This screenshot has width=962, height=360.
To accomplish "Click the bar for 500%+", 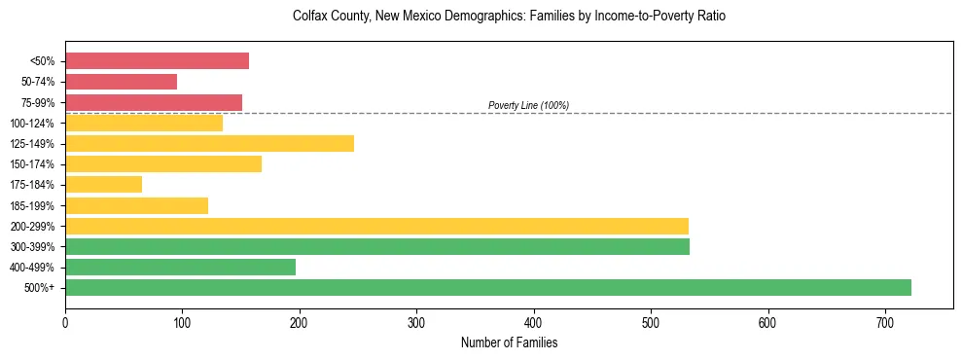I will [x=487, y=287].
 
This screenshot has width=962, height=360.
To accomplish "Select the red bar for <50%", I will [x=157, y=61].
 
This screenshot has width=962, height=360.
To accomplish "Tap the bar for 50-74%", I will [x=121, y=82].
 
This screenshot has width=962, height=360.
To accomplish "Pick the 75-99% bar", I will [x=154, y=102].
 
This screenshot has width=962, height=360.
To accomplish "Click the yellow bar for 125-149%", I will [x=209, y=143].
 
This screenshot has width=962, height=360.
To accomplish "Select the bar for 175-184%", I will [x=103, y=184].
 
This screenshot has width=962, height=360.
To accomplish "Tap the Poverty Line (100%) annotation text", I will [x=528, y=105].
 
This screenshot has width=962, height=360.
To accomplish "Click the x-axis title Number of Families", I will [x=509, y=342].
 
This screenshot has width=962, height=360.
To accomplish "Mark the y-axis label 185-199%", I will [x=32, y=205].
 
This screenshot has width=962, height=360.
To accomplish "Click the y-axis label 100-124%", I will [x=32, y=123].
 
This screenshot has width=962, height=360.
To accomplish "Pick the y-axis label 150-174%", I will [x=32, y=164].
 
